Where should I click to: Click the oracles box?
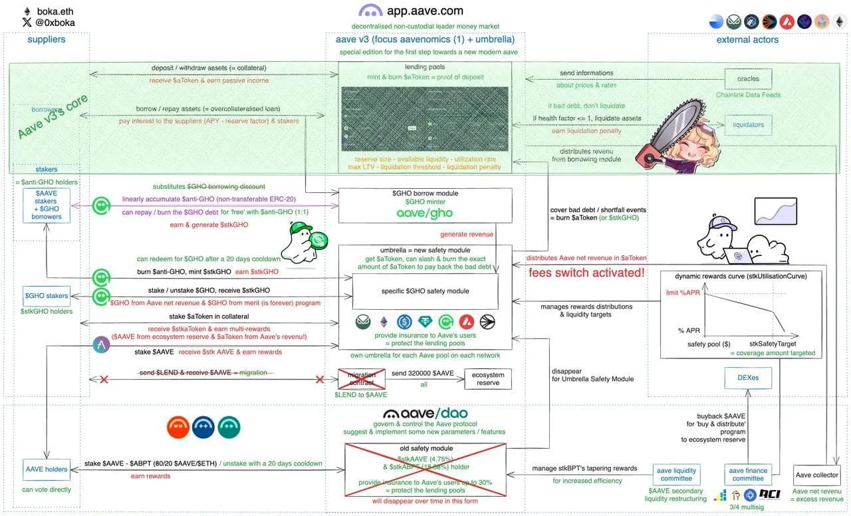748,78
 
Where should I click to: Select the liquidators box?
748,125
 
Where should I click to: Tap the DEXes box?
748,378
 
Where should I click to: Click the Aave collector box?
817,475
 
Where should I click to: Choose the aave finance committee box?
748,475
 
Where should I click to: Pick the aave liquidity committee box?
677,475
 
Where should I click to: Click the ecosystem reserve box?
488,378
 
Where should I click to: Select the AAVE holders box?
47,469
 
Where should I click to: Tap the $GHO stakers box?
47,296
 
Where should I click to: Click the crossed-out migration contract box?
362,378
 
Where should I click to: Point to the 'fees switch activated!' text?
586,273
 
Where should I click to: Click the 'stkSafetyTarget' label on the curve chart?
773,344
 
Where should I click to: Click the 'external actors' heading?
747,40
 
